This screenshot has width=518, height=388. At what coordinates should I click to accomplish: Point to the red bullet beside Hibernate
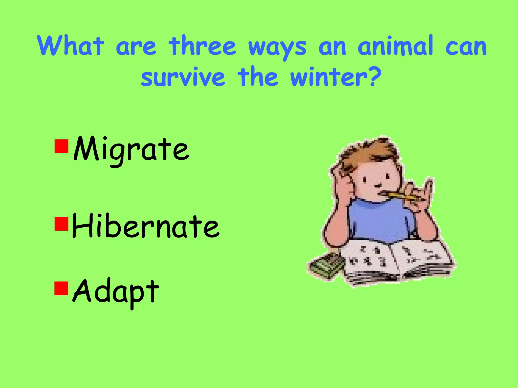[x=61, y=224]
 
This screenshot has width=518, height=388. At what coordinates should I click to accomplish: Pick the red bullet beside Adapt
[x=61, y=288]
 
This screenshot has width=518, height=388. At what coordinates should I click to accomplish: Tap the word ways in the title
[x=277, y=48]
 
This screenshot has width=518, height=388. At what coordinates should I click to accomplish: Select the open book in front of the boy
[x=397, y=263]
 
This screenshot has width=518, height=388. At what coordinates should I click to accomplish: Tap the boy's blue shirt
[x=379, y=220]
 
